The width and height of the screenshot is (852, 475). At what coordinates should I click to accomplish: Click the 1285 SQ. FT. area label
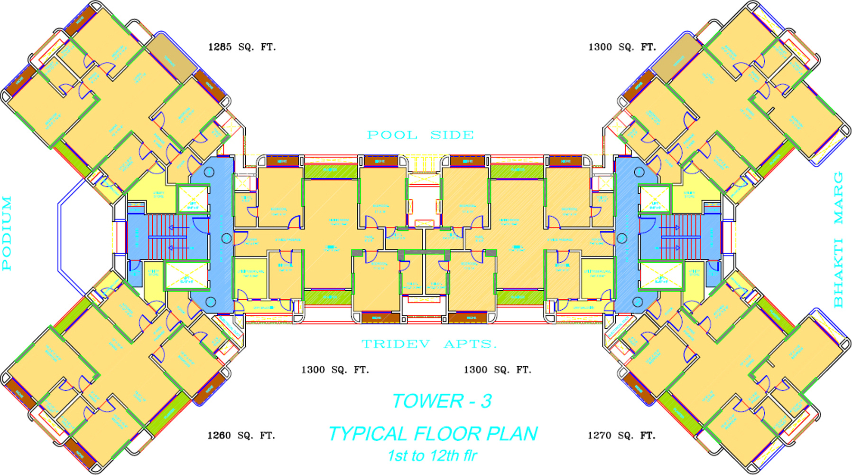click(x=241, y=47)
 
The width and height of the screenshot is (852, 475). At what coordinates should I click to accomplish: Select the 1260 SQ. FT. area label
click(x=241, y=436)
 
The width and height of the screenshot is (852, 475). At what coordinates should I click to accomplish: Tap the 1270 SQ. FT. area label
click(x=621, y=436)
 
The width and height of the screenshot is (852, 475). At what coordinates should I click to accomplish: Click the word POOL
click(x=392, y=135)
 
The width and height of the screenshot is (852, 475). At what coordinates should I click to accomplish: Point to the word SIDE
click(x=452, y=135)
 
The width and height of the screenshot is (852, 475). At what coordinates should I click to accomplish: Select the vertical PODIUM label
click(x=7, y=233)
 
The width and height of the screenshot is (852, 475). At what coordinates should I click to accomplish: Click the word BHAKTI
click(x=838, y=273)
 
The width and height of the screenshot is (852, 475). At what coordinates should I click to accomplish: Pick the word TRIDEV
click(x=396, y=344)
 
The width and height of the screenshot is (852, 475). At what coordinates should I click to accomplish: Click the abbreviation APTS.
click(x=470, y=344)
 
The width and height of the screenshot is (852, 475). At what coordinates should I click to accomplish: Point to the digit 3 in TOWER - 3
click(x=486, y=401)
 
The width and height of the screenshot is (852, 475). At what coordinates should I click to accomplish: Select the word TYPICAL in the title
click(x=368, y=434)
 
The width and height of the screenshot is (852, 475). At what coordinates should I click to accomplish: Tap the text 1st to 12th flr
click(x=432, y=456)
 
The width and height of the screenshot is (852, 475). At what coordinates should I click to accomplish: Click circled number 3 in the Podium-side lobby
click(x=210, y=302)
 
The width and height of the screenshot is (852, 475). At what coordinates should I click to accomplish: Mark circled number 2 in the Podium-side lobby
click(x=226, y=238)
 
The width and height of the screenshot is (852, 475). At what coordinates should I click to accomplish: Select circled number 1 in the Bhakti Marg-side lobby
click(x=639, y=171)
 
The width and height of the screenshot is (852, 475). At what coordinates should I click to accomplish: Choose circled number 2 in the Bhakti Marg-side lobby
click(x=621, y=238)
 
